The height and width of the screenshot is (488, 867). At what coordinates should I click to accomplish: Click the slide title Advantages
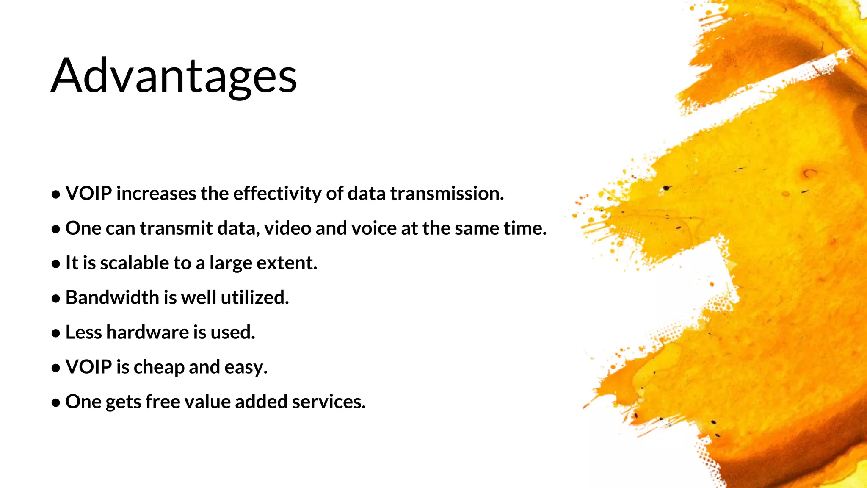tap(174, 76)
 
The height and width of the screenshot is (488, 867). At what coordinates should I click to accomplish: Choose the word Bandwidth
tap(112, 297)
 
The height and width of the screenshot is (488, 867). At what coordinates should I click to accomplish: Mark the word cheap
tap(159, 367)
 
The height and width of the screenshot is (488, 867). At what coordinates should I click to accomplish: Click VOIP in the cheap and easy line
tap(88, 367)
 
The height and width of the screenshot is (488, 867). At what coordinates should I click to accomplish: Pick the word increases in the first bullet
tap(156, 194)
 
